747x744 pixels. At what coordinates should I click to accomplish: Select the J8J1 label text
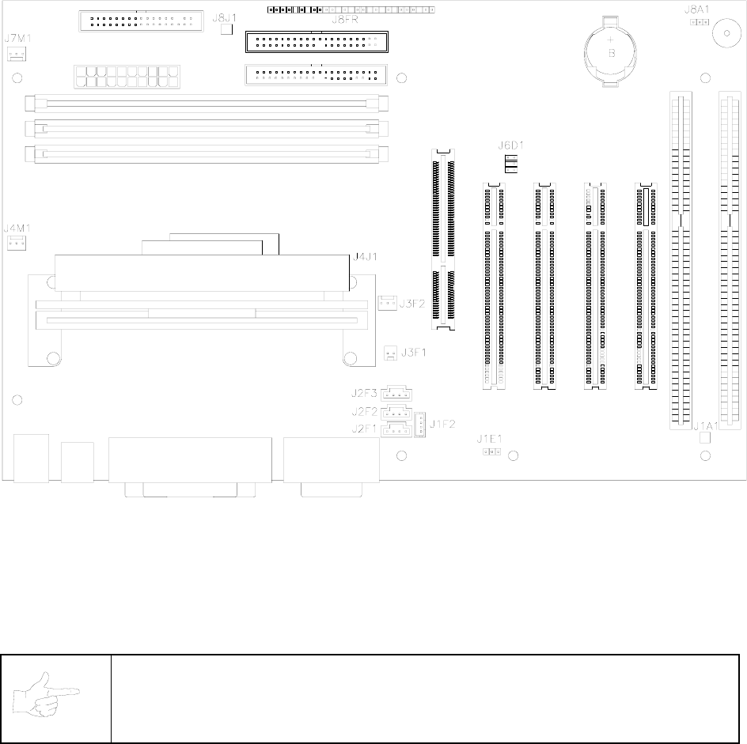[226, 17]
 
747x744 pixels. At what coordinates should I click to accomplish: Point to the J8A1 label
[696, 11]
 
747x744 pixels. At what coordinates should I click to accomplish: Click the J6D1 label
[510, 145]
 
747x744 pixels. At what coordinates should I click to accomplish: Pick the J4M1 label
[17, 228]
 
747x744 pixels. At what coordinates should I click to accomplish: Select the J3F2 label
[413, 303]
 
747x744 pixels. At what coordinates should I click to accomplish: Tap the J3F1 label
[413, 353]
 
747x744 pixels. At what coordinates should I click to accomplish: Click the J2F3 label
[365, 393]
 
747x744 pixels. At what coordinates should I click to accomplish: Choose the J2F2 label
[365, 411]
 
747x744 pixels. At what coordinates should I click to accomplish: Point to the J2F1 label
[365, 429]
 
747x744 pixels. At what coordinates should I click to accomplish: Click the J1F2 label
[442, 423]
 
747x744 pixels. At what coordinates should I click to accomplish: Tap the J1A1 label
[704, 426]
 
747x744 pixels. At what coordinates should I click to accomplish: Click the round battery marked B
[611, 49]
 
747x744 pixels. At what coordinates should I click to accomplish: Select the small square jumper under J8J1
[226, 29]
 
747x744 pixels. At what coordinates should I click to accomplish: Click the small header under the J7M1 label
[16, 54]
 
